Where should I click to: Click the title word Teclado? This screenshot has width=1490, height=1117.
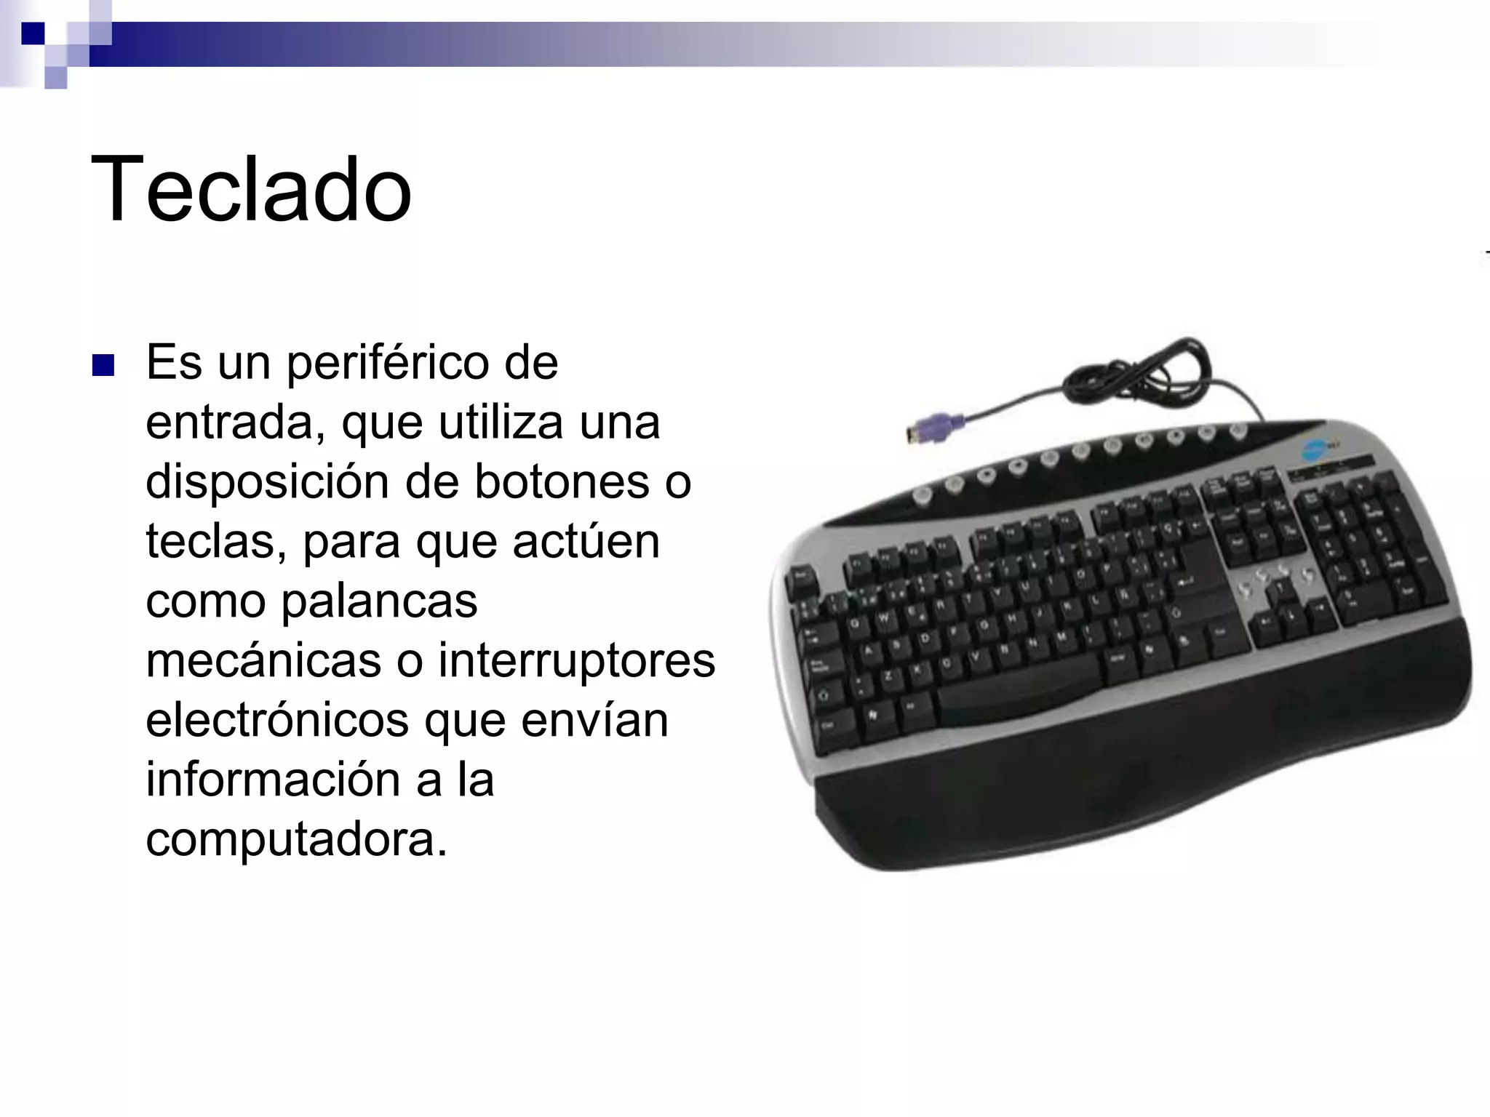pyautogui.click(x=251, y=191)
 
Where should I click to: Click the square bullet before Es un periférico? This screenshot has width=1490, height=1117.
pyautogui.click(x=103, y=365)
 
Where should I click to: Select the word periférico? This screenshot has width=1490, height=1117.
pyautogui.click(x=389, y=363)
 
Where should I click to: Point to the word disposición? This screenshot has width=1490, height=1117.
pyautogui.click(x=265, y=483)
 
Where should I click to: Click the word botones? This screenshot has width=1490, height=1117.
pyautogui.click(x=562, y=482)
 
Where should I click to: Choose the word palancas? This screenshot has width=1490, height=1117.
pyautogui.click(x=379, y=601)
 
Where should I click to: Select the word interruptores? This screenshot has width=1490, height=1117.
pyautogui.click(x=576, y=661)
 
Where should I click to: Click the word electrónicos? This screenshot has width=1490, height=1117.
pyautogui.click(x=277, y=721)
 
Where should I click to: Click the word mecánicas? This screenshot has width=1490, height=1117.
pyautogui.click(x=263, y=661)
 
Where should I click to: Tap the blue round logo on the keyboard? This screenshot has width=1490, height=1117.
pyautogui.click(x=1318, y=449)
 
